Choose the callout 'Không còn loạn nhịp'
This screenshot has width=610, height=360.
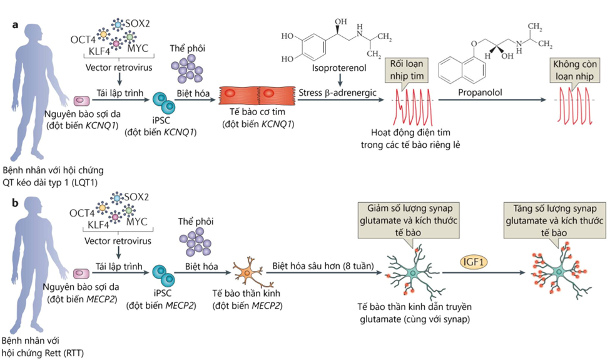pos(573,68)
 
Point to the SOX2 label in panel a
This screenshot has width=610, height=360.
pos(138,23)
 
